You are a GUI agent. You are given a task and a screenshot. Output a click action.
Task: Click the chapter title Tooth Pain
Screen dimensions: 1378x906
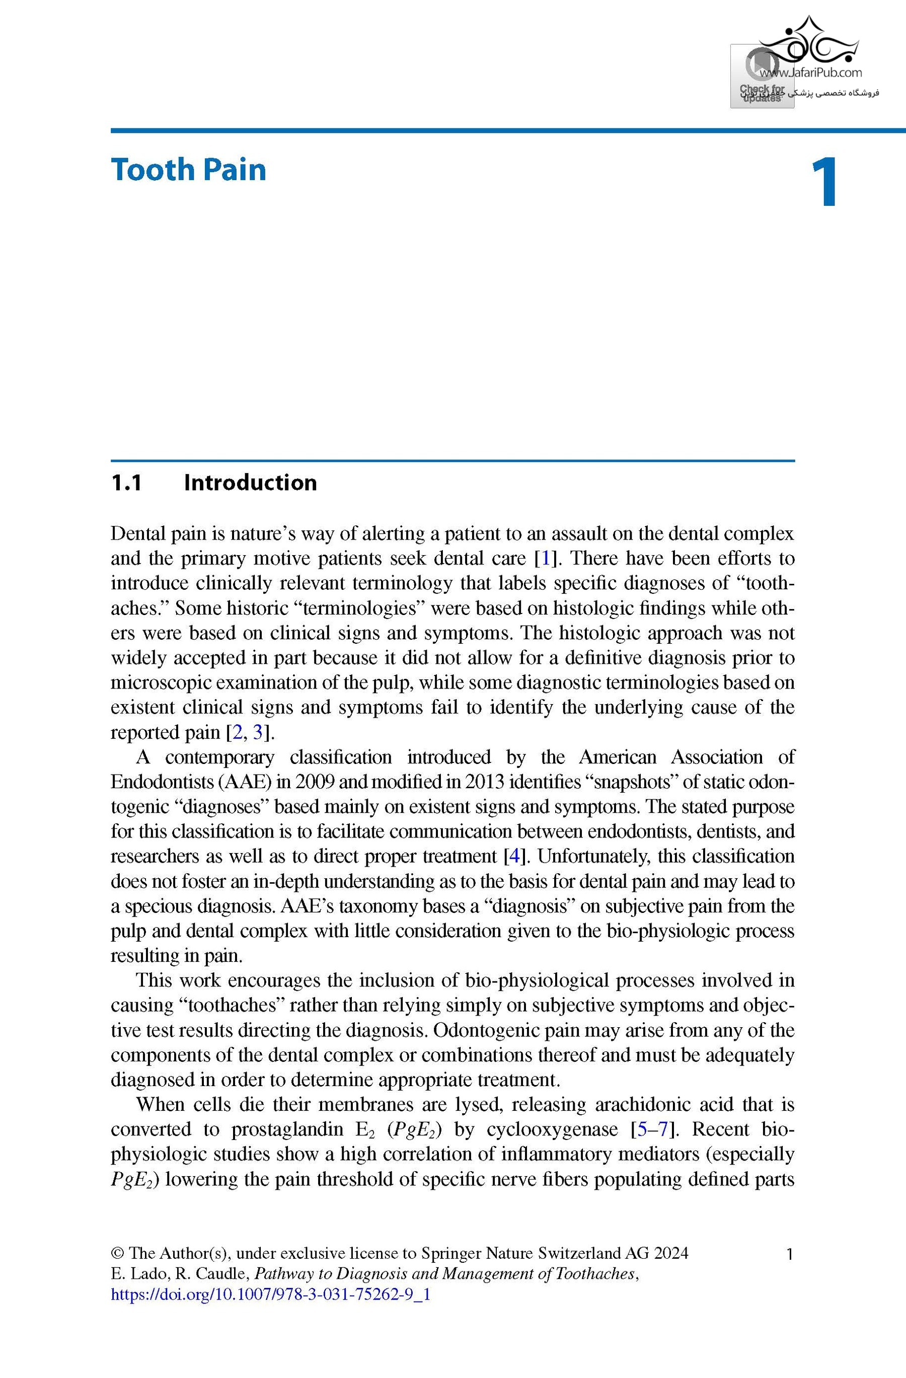coord(188,170)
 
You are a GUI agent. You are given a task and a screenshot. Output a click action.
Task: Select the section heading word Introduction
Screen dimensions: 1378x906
coord(250,482)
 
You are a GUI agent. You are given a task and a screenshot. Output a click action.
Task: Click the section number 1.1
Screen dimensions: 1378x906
coord(126,482)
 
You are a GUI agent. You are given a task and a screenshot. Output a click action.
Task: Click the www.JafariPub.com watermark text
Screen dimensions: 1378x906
coord(810,73)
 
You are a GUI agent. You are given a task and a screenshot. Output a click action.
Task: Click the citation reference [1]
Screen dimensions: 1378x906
coord(544,558)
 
